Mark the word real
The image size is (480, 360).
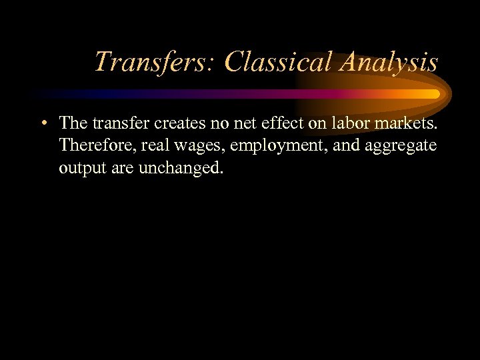(155, 145)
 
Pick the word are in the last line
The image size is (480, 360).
(121, 168)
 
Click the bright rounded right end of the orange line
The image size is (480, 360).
(435, 94)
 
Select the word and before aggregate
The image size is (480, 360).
(347, 145)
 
